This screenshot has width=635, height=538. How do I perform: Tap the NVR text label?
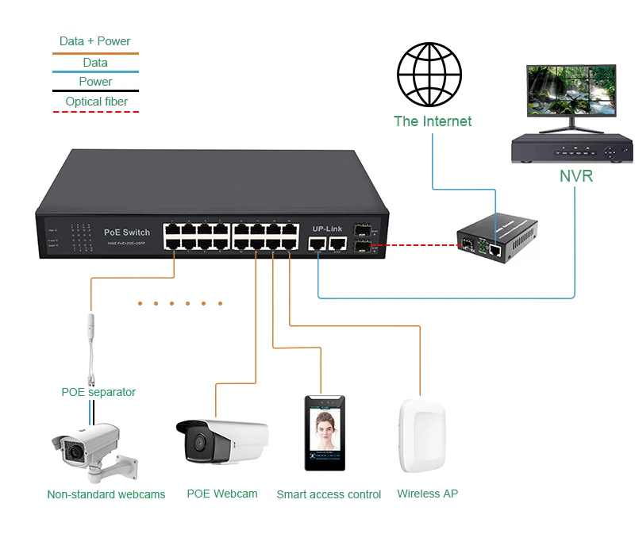point(575,175)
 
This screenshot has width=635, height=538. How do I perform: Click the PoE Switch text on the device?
point(127,232)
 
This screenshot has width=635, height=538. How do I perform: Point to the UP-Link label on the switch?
point(327,228)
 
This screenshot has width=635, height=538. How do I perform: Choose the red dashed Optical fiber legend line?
point(94,112)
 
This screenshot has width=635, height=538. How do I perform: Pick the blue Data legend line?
point(94,71)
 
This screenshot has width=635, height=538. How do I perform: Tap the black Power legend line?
point(94,91)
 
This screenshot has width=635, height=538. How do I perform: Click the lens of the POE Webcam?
point(195,441)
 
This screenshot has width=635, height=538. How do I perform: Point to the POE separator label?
point(98,392)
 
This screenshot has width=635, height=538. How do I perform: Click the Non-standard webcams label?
point(106,494)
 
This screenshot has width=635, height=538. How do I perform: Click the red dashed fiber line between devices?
point(413,246)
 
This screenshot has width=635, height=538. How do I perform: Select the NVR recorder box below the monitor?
point(571,148)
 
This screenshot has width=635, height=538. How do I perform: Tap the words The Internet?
point(433,121)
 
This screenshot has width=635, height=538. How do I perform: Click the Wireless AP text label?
point(427,494)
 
